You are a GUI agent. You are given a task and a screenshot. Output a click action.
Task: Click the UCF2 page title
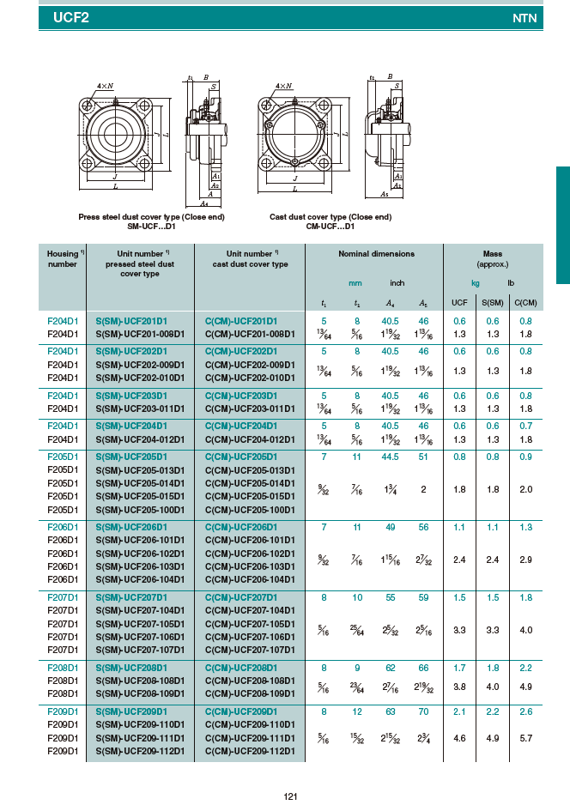point(71,15)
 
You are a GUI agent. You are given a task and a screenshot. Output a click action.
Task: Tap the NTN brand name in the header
point(525,17)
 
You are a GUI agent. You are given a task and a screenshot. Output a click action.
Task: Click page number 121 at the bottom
point(290,797)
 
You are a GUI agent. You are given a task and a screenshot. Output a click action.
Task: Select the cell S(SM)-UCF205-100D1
point(140,510)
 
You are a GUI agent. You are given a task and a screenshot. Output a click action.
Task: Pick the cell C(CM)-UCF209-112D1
point(250,751)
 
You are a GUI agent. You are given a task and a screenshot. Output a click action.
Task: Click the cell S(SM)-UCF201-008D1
point(140,334)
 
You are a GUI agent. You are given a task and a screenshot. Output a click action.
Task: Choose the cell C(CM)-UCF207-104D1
point(250,610)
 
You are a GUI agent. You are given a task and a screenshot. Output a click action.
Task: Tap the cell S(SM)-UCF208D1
point(131,667)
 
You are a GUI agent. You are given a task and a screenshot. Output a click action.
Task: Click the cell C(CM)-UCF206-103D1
point(250,566)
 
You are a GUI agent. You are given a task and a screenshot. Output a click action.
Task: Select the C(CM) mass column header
point(525,302)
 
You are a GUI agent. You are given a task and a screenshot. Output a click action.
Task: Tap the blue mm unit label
point(355,283)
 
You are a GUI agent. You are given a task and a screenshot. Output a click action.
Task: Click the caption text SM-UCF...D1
point(152,226)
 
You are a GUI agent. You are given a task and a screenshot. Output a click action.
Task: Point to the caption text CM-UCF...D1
point(330,226)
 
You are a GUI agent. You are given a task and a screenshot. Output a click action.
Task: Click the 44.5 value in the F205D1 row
point(391,457)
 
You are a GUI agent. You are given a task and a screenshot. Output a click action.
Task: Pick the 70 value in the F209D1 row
point(423,711)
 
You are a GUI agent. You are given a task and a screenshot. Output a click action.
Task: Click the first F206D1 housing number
point(63,527)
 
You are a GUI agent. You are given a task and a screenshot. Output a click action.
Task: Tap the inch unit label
point(397,283)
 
